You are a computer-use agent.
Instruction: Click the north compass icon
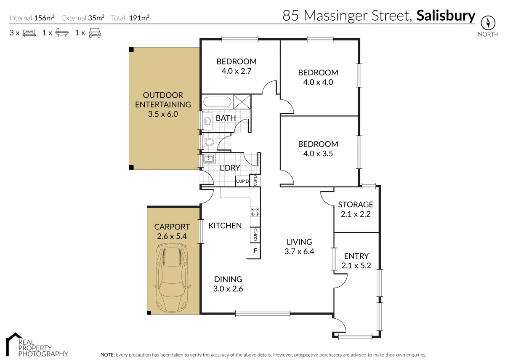point(488,22)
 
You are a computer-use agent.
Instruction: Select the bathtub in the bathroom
point(217,102)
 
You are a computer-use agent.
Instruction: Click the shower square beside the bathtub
point(242,102)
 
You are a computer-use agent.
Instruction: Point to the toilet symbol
point(208,143)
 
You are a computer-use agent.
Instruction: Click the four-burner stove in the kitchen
point(255,211)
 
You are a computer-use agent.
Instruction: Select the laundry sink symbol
point(207,159)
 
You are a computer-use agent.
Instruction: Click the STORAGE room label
point(356,205)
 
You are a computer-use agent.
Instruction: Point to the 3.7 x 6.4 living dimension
point(299,252)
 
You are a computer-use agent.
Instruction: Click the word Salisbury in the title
point(446,16)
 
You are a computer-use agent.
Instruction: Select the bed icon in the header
point(29,33)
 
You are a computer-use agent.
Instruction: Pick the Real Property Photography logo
point(36,345)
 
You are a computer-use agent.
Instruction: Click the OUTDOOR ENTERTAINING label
point(163,100)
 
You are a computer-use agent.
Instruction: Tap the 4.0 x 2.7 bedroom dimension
point(236,71)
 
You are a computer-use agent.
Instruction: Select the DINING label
point(228,279)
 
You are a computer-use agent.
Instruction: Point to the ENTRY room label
point(356,256)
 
